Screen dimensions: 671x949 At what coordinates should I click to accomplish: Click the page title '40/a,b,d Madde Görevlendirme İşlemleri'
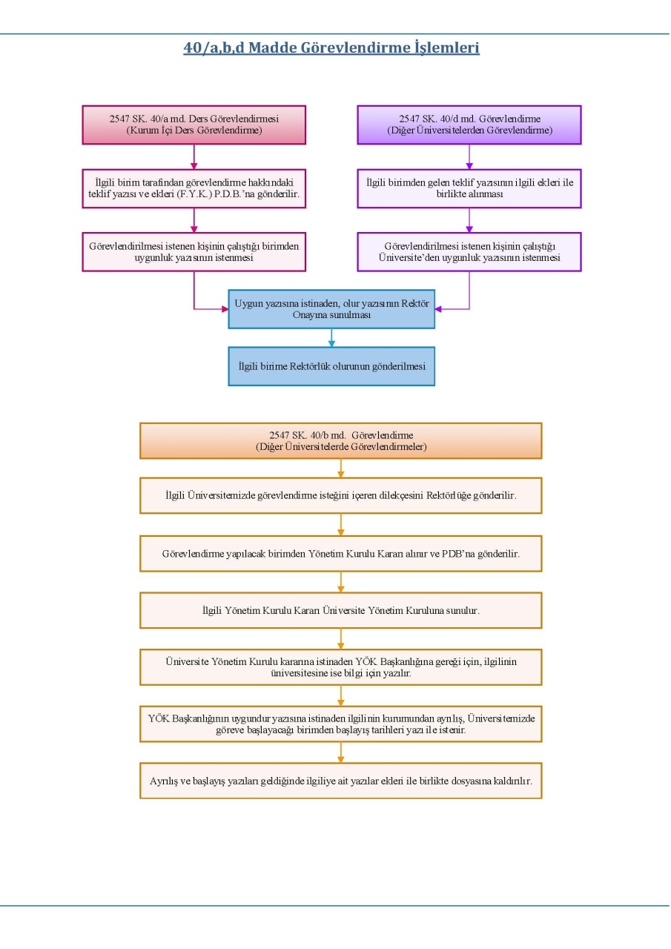[x=331, y=47]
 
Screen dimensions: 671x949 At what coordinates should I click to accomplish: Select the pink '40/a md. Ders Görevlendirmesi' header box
[x=194, y=125]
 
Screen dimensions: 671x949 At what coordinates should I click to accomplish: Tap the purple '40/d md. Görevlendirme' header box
[x=469, y=125]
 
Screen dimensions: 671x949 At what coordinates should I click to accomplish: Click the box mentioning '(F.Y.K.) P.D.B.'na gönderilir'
[x=194, y=188]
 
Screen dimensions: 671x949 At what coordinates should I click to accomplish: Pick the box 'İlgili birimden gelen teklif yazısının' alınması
[x=469, y=188]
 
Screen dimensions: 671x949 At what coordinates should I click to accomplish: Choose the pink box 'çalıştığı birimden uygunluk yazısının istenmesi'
[x=194, y=251]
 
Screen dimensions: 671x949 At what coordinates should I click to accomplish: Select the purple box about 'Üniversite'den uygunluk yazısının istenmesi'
[x=469, y=251]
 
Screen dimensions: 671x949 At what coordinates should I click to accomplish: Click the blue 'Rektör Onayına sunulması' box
[x=331, y=309]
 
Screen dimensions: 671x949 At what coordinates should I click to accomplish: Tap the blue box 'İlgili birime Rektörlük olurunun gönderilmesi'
[x=331, y=366]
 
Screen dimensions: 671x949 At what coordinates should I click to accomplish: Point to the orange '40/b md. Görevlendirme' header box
[x=340, y=440]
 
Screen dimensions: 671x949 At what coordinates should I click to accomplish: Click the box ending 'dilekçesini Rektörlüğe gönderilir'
[x=340, y=495]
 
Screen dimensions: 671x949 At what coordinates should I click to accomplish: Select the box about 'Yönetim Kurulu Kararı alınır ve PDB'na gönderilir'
[x=340, y=553]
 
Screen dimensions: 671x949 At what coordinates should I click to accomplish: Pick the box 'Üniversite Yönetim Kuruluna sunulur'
[x=340, y=610]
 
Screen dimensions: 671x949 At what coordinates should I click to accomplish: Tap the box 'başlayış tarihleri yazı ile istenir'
[x=340, y=724]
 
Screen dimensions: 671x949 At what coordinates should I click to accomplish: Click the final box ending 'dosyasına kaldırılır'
[x=340, y=781]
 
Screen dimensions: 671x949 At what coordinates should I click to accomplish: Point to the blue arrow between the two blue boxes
[x=331, y=337]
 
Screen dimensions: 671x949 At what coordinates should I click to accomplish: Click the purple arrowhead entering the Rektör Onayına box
[x=438, y=309]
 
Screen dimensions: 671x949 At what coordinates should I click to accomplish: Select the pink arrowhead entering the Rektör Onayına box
[x=225, y=309]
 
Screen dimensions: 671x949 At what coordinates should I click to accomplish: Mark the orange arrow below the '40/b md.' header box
[x=340, y=468]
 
